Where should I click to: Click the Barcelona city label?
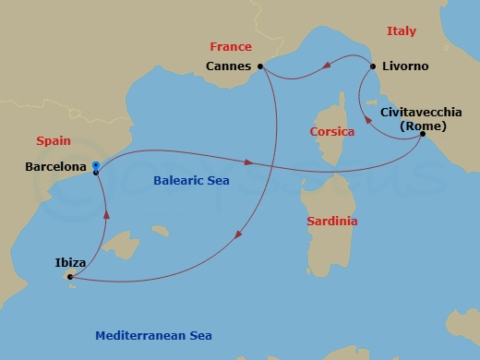(54, 168)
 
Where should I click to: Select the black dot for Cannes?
(261, 66)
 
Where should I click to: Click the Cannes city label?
(230, 66)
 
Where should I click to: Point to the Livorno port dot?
(373, 66)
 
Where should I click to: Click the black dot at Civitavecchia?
(423, 135)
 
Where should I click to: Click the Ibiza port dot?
(70, 276)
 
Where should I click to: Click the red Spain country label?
(53, 141)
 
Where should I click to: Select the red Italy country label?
(402, 31)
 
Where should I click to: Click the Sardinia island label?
(332, 222)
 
